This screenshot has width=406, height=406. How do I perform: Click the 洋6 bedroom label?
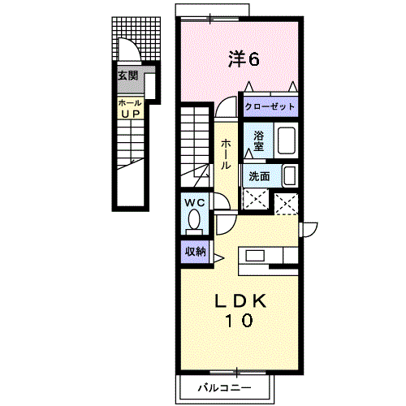(244, 58)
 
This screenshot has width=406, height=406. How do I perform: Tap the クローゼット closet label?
(270, 106)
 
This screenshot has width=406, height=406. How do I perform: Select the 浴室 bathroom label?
(258, 141)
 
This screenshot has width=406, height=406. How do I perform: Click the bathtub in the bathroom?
(287, 140)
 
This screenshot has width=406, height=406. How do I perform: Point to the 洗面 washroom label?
(259, 176)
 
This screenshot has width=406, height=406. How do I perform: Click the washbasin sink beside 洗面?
(290, 175)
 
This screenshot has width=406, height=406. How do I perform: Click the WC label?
(195, 202)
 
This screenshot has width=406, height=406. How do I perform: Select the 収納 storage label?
(195, 252)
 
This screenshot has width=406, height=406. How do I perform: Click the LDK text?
(240, 300)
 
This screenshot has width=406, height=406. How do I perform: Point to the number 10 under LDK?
(239, 320)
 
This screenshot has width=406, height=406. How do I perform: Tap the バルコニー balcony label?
(225, 388)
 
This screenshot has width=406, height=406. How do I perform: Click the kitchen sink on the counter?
(255, 256)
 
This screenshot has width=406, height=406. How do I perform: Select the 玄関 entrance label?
(127, 76)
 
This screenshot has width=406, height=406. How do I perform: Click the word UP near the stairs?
(130, 114)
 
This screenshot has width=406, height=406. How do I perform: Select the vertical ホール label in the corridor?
(226, 154)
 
